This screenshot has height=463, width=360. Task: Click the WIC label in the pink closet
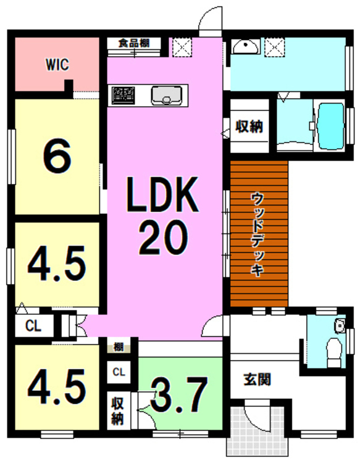[57, 64]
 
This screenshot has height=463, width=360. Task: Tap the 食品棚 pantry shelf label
[134, 43]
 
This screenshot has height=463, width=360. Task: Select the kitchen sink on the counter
[166, 95]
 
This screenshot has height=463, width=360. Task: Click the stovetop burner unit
[123, 95]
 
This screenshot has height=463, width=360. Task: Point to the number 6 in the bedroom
[57, 156]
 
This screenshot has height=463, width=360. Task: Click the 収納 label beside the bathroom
[249, 127]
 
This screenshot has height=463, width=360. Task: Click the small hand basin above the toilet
[340, 326]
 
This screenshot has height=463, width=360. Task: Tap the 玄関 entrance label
[257, 380]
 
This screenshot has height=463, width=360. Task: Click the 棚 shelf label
[119, 347]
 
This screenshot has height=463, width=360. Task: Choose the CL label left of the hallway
[33, 326]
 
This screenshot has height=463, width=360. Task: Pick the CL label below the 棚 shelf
[119, 372]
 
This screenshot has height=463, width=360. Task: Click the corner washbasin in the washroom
[246, 46]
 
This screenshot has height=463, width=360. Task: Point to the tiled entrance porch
[257, 430]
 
